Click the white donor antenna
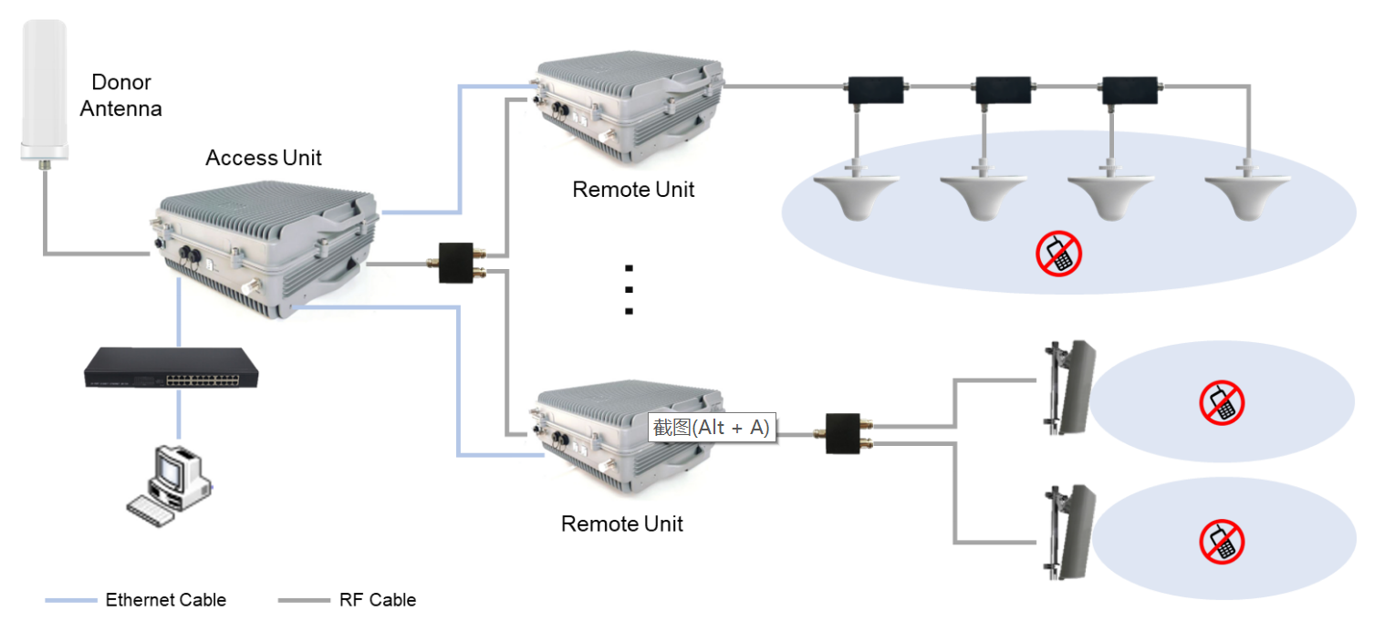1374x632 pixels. click(x=45, y=91)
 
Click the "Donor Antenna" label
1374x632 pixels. click(x=120, y=96)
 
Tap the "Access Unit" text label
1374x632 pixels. click(x=264, y=158)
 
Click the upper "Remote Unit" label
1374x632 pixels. click(x=633, y=190)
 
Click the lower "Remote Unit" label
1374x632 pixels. click(x=621, y=524)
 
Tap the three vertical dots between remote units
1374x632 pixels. click(x=629, y=290)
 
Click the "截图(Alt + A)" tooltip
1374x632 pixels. click(x=712, y=427)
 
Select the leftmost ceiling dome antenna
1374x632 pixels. click(x=856, y=195)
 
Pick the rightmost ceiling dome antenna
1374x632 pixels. click(x=1247, y=195)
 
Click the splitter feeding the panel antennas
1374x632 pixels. click(x=844, y=434)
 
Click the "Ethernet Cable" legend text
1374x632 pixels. click(x=166, y=600)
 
